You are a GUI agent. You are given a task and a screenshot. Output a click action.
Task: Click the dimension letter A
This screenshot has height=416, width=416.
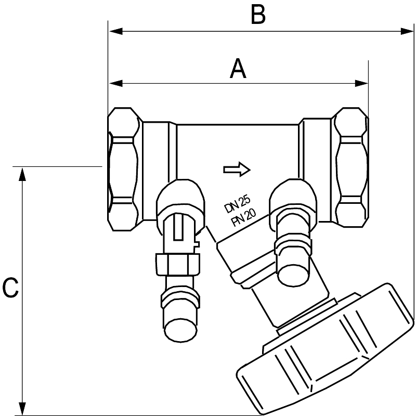click(x=238, y=69)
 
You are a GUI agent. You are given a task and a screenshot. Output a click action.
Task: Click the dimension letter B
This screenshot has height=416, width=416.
click(x=258, y=16)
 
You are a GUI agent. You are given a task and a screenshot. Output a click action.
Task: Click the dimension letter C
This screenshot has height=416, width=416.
click(x=10, y=289)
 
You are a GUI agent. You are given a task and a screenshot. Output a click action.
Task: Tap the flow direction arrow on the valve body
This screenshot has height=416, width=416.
click(x=237, y=169)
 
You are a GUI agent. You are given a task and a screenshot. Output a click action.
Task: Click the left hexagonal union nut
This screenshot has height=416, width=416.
click(x=124, y=169)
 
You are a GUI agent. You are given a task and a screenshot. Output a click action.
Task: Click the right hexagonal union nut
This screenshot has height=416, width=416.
click(x=351, y=167)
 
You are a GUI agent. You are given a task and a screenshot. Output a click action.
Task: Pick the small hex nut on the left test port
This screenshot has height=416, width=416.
click(x=177, y=263)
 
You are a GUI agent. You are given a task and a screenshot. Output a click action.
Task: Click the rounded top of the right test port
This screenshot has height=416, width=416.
click(x=293, y=192)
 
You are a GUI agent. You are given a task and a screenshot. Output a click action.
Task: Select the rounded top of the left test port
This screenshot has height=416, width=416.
click(x=180, y=194)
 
